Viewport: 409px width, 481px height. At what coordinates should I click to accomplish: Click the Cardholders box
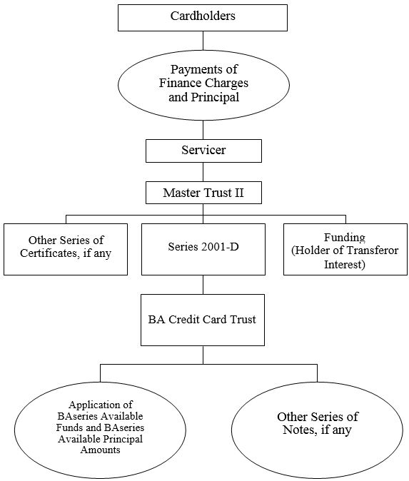pyautogui.click(x=203, y=18)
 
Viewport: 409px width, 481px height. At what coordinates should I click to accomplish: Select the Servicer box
pyautogui.click(x=203, y=151)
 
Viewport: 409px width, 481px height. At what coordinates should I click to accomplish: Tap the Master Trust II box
pyautogui.click(x=203, y=193)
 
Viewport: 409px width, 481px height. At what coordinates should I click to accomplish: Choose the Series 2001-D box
pyautogui.click(x=203, y=249)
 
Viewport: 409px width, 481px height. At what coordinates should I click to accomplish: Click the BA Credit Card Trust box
pyautogui.click(x=203, y=320)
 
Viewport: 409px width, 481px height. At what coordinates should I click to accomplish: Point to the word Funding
pyautogui.click(x=345, y=237)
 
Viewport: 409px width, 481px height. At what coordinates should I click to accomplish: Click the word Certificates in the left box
pyautogui.click(x=50, y=253)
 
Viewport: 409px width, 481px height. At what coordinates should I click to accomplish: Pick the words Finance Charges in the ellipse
pyautogui.click(x=203, y=83)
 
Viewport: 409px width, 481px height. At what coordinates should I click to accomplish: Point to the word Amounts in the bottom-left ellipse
pyautogui.click(x=100, y=450)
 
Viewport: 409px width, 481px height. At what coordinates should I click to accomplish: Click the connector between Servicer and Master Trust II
pyautogui.click(x=203, y=172)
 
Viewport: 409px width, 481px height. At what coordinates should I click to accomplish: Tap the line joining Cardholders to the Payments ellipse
pyautogui.click(x=203, y=41)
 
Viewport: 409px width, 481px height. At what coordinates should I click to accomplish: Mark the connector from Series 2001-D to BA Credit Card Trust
pyautogui.click(x=203, y=285)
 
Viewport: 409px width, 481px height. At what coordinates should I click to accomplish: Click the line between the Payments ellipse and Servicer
pyautogui.click(x=203, y=130)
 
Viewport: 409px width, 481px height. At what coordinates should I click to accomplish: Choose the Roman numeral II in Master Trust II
pyautogui.click(x=239, y=193)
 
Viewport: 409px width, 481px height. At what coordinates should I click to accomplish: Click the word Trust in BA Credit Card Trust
pyautogui.click(x=243, y=319)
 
